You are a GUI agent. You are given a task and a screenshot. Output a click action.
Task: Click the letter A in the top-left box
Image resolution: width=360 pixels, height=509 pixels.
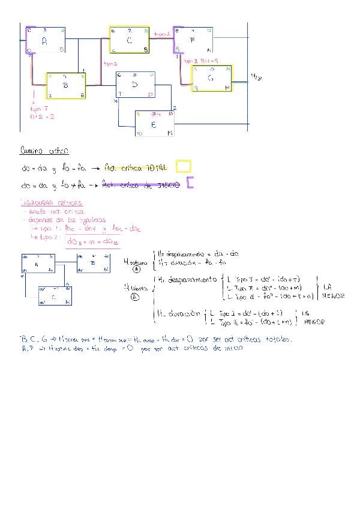point(44,41)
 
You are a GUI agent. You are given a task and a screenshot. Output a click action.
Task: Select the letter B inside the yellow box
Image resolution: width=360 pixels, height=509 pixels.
point(65,86)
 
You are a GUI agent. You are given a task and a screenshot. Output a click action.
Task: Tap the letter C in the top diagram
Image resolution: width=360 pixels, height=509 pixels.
point(130,40)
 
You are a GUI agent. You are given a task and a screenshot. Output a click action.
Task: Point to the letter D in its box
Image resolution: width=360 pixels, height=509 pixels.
point(135,85)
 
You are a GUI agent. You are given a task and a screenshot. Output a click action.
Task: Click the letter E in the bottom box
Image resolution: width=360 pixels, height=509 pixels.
point(154,125)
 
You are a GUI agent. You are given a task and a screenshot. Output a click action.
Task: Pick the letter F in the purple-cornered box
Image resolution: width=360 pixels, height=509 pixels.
point(192,41)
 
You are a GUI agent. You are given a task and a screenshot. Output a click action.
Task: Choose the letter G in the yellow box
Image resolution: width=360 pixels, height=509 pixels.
point(210,78)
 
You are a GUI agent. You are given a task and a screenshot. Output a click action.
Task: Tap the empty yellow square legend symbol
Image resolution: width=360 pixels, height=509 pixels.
point(184,166)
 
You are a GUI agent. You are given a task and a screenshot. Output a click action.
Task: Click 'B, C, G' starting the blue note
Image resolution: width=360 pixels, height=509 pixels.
point(34,340)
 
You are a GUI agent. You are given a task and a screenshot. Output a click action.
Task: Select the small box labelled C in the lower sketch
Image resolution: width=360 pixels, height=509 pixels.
point(55,296)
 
